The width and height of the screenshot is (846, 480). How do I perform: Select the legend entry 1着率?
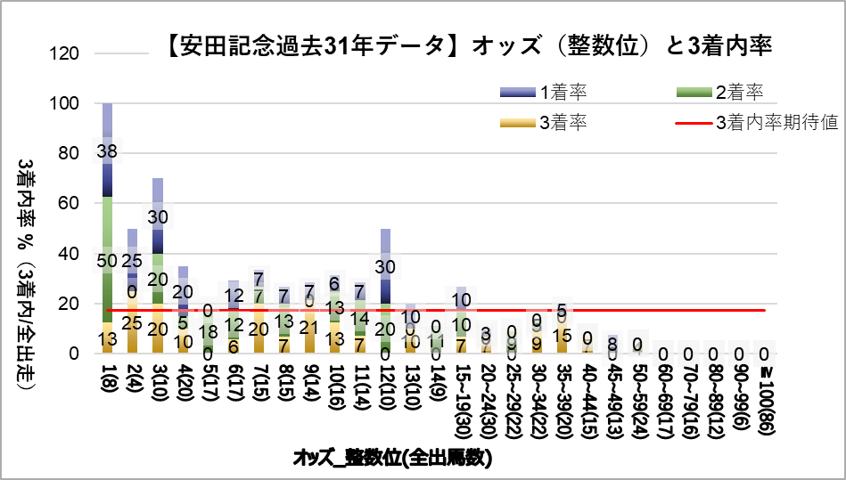click(563, 91)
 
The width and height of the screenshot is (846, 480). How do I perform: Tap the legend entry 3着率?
click(563, 122)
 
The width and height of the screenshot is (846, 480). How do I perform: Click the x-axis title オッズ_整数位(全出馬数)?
click(393, 459)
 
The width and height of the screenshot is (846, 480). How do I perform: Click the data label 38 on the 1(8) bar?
click(108, 151)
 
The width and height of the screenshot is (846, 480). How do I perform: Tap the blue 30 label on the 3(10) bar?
click(158, 216)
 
